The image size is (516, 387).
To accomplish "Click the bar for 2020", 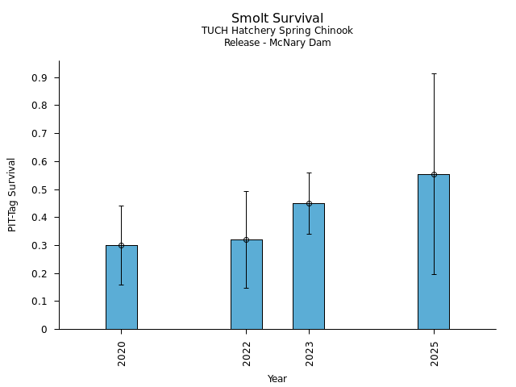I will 121,287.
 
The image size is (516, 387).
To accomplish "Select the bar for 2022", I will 246,284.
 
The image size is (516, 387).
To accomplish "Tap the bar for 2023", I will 309,266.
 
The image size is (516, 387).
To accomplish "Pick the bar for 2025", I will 434,252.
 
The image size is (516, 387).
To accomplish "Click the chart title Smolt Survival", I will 277,19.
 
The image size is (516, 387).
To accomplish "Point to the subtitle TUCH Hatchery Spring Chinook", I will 277,31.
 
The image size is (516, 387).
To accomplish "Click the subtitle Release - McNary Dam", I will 277,43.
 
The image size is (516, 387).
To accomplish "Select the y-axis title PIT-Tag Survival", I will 12,194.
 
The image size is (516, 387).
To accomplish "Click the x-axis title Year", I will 277,379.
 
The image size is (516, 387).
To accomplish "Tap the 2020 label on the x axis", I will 122,352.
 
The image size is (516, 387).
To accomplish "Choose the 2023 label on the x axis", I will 310,352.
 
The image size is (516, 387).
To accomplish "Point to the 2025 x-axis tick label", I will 435,352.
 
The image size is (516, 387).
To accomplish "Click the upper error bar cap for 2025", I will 434,73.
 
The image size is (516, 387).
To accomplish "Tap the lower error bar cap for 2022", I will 246,288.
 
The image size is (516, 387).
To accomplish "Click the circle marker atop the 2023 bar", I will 309,203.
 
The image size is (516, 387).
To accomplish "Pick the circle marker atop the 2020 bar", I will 121,245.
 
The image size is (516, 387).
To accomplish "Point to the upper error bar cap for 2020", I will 121,206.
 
